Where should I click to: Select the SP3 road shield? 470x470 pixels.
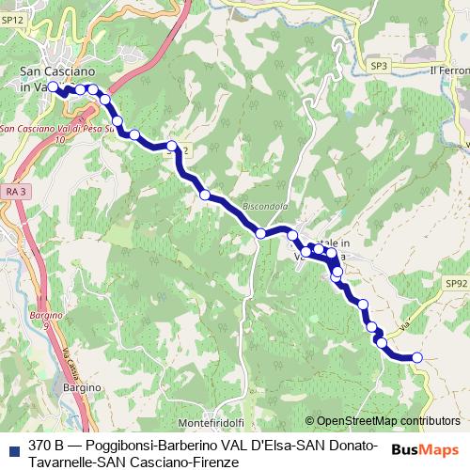click(379, 67)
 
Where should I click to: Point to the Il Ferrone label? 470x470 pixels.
click(447, 70)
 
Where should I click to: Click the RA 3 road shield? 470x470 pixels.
click(13, 191)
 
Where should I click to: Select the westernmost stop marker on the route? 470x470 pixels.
click(54, 86)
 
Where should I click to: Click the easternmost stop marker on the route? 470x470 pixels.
click(417, 356)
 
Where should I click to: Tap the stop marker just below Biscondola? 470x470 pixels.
click(261, 233)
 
